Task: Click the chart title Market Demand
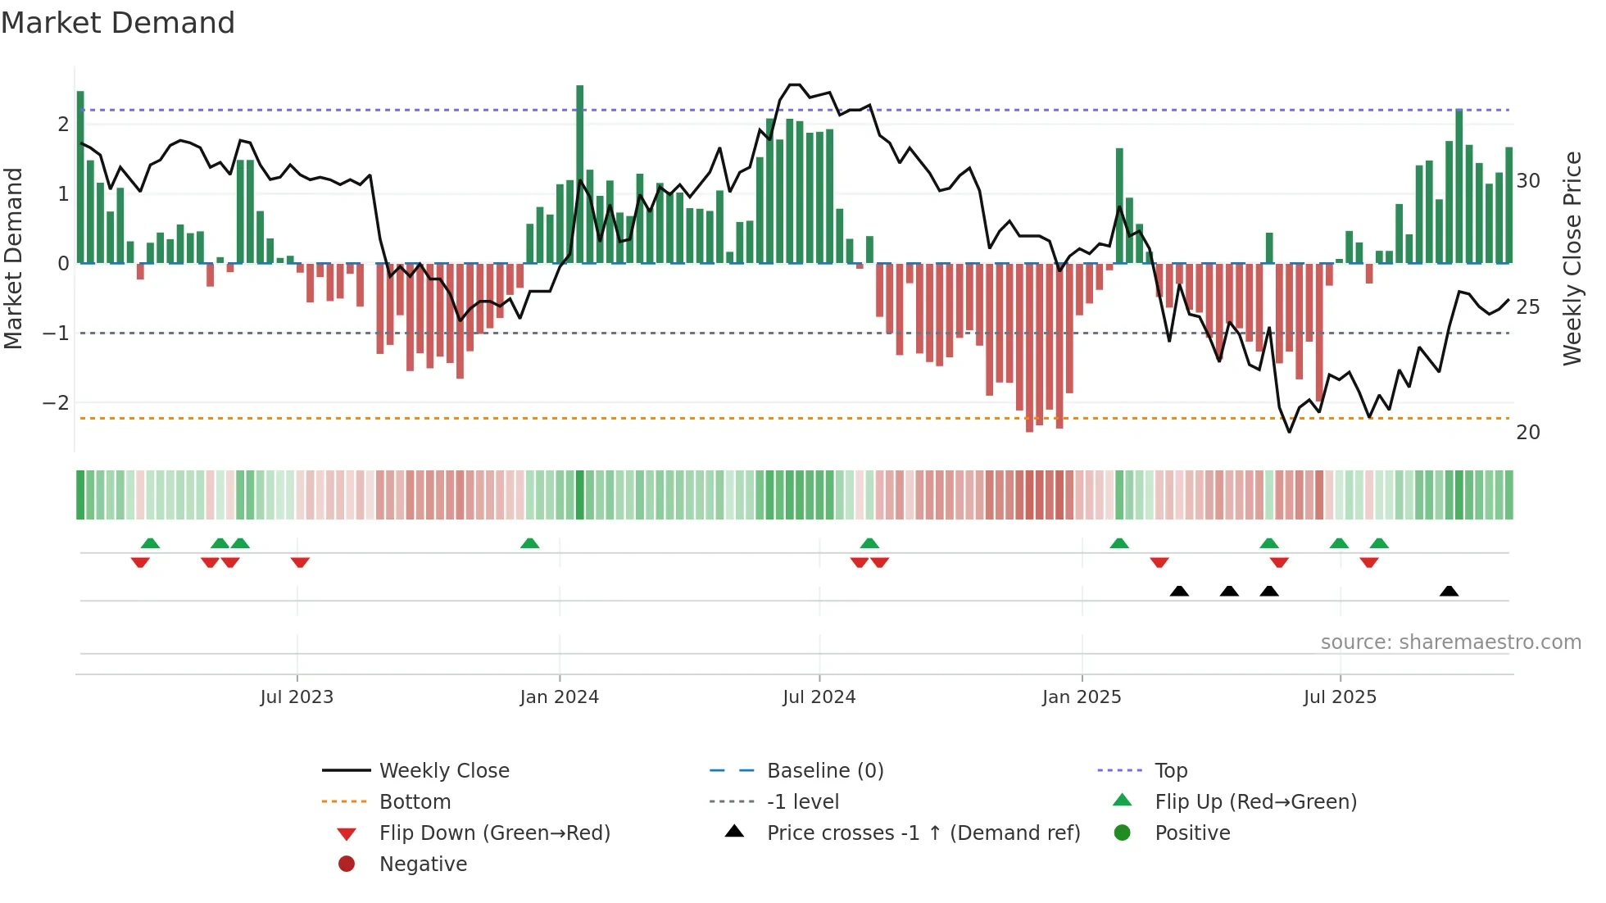(x=118, y=22)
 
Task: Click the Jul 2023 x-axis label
(x=297, y=697)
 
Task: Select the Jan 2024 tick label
(x=559, y=697)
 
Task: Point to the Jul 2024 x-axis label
(x=819, y=697)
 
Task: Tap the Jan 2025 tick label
(x=1082, y=697)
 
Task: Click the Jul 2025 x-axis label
(x=1340, y=697)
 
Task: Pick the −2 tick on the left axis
(x=56, y=403)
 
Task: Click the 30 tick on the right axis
(x=1527, y=181)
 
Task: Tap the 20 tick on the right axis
(x=1527, y=433)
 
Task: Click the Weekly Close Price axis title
(x=1572, y=258)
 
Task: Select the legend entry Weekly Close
(x=443, y=771)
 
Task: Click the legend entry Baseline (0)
(x=824, y=771)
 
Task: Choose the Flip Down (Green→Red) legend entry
(x=494, y=833)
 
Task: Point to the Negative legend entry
(x=423, y=864)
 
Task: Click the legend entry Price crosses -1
(x=923, y=833)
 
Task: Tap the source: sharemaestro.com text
(x=1450, y=642)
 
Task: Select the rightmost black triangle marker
(x=1449, y=592)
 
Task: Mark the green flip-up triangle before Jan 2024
(x=530, y=543)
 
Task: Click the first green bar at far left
(x=80, y=177)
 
